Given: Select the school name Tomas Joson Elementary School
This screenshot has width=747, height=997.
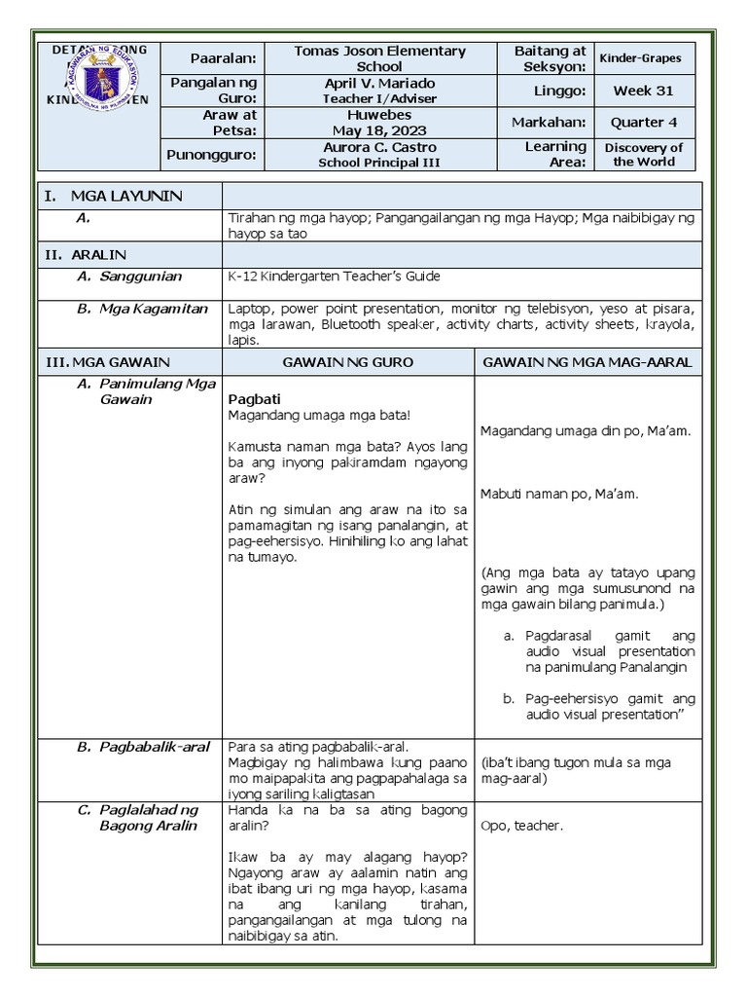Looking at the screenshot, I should [379, 58].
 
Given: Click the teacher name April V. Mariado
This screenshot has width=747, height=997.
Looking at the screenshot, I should [379, 91].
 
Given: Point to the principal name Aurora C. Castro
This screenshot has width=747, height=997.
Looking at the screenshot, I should [379, 154].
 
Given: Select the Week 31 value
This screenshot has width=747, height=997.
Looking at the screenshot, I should [643, 91].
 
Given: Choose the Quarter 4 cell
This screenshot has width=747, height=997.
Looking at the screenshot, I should [643, 123].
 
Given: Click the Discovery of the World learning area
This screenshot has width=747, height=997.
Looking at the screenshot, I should [643, 154].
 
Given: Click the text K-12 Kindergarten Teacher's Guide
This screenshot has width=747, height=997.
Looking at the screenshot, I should [334, 277].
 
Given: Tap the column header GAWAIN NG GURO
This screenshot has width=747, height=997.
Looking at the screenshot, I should [347, 362].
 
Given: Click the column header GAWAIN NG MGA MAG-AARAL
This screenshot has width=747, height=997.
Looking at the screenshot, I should [587, 362].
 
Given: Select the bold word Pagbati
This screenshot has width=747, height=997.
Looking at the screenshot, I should [253, 399].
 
